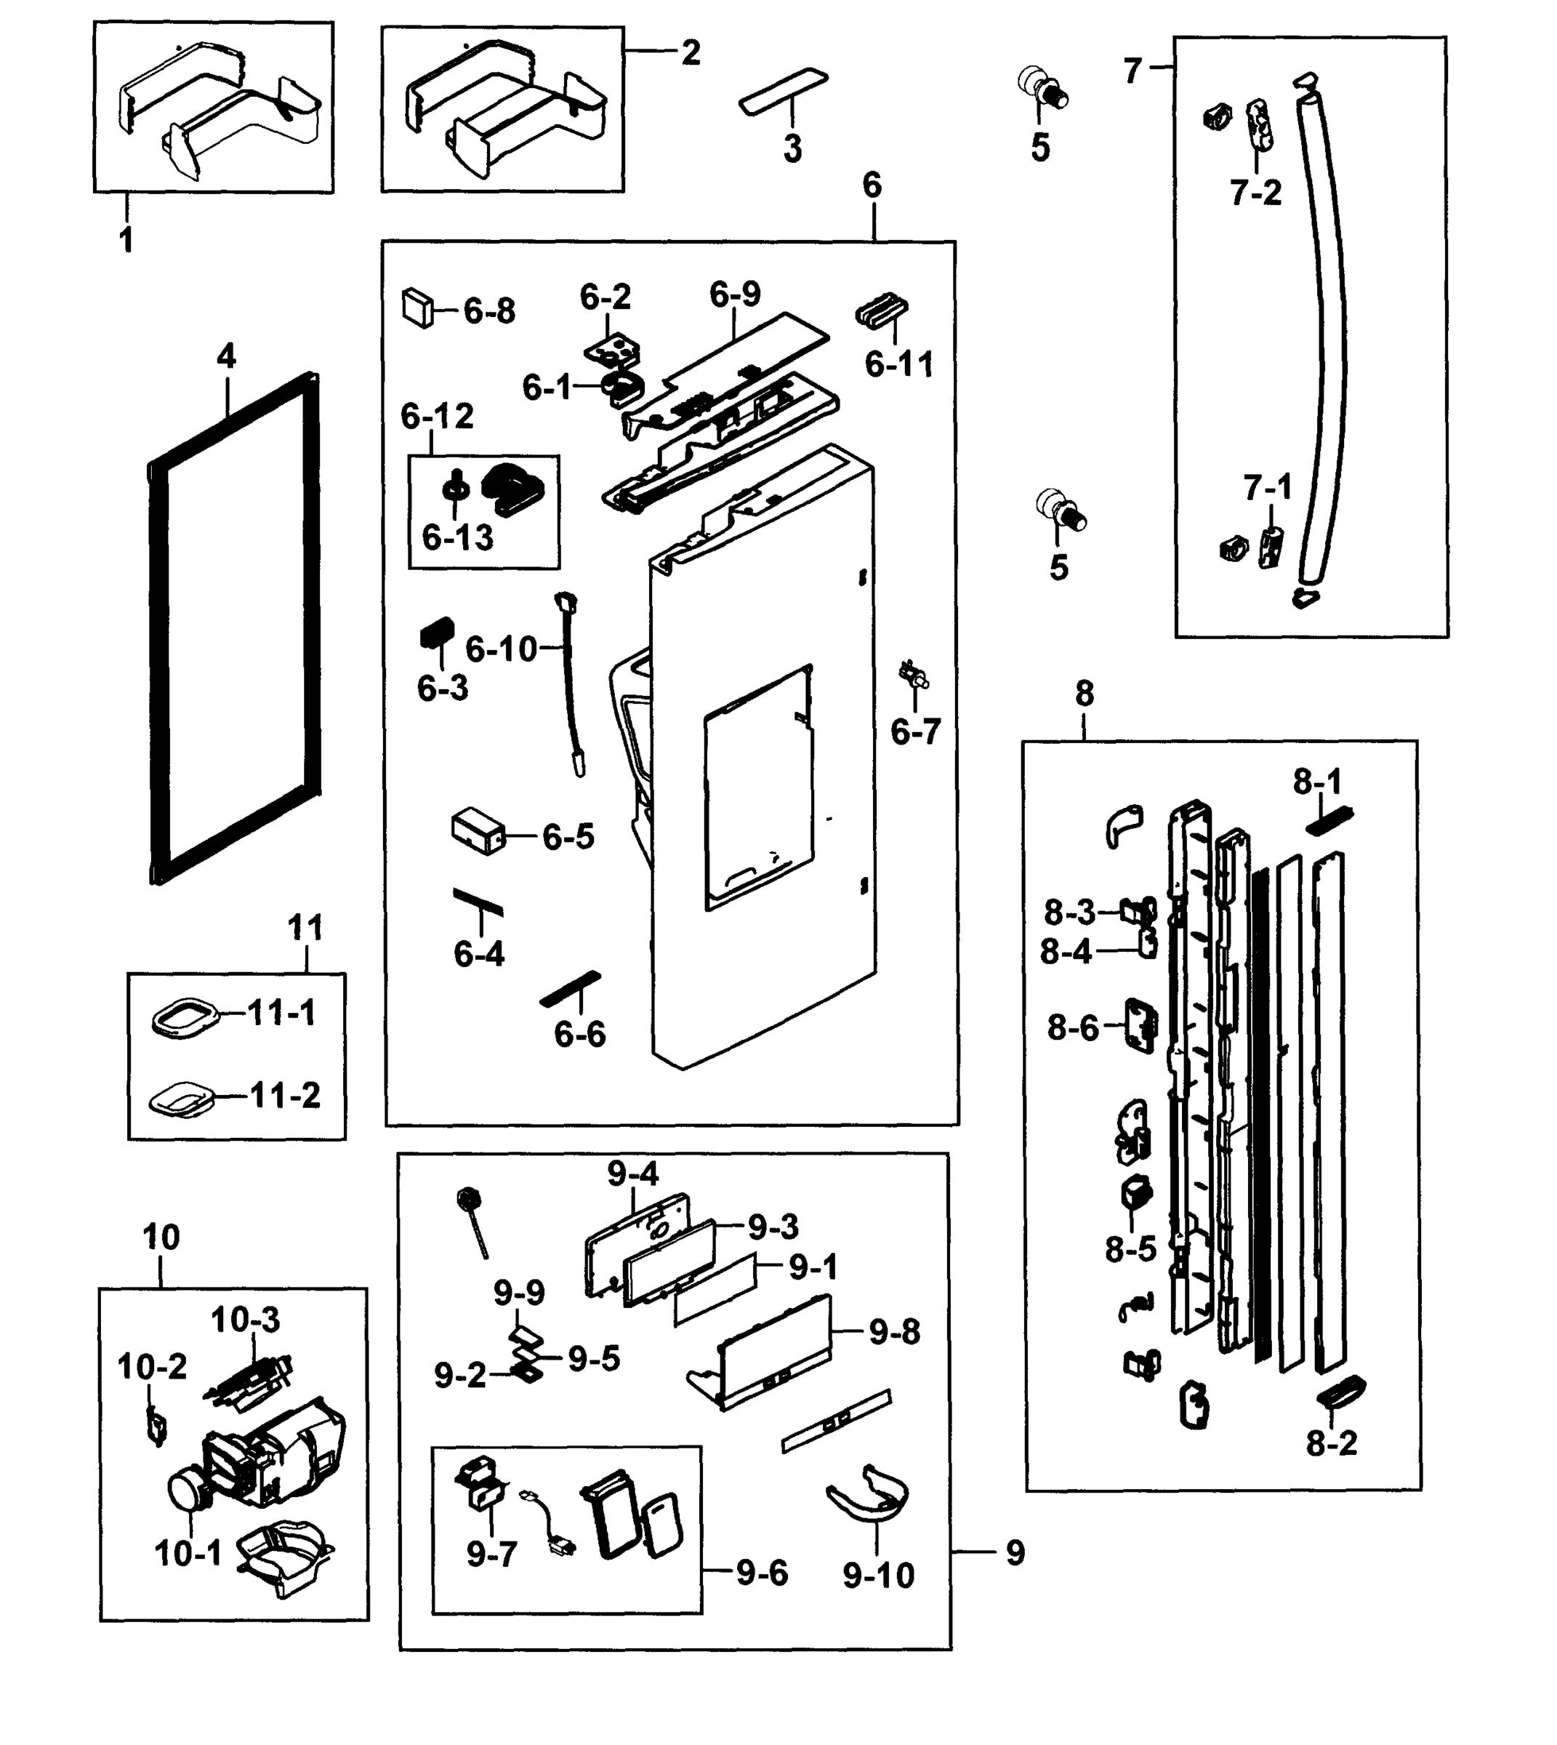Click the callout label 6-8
[489, 311]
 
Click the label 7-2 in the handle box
[1256, 193]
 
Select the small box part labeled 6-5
[478, 830]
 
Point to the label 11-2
[285, 1096]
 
